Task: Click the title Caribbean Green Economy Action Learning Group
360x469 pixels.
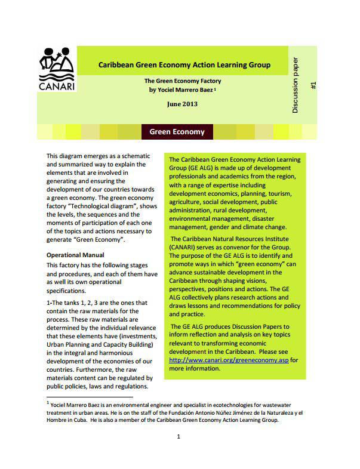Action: click(184, 64)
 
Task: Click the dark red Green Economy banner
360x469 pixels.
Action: click(177, 131)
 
